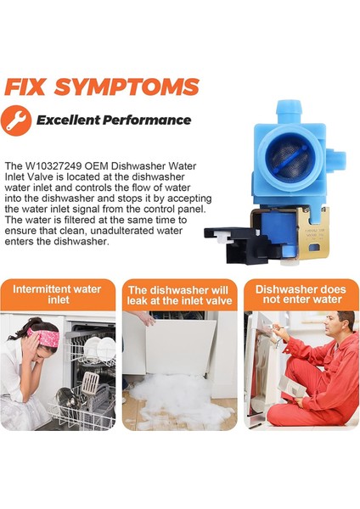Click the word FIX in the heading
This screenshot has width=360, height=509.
[x=25, y=87]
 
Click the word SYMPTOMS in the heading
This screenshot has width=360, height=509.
[x=126, y=87]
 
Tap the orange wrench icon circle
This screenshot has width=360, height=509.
[x=16, y=120]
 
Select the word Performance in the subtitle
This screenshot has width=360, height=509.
[x=147, y=120]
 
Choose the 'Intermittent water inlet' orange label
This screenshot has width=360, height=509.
[x=58, y=294]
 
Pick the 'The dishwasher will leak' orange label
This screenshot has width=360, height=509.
[x=179, y=294]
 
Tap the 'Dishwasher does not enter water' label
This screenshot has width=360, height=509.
[x=301, y=294]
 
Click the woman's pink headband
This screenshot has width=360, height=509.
[x=44, y=337]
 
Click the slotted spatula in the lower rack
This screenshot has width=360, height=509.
[x=90, y=383]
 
